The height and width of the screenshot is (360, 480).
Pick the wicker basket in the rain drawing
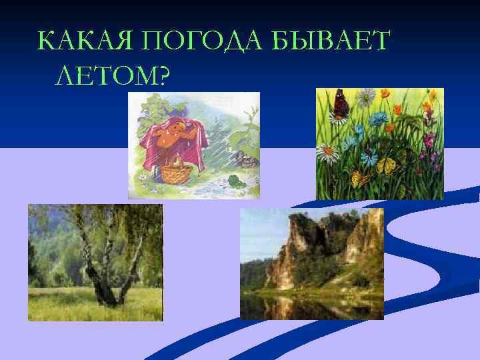pos(175,173)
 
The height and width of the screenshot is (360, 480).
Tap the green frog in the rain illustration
pos(235,179)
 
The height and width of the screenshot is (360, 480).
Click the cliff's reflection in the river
pos(293,303)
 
